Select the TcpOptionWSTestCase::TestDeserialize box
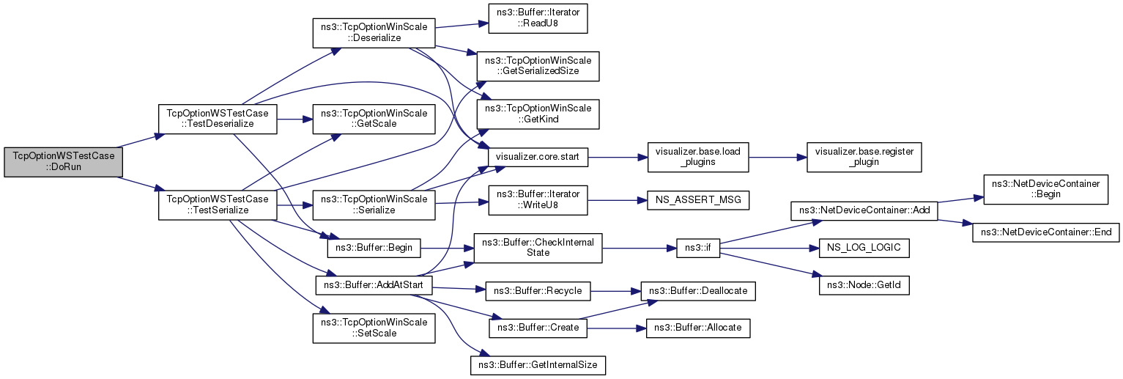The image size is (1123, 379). tap(218, 119)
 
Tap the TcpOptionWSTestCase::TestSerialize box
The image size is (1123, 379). tap(218, 205)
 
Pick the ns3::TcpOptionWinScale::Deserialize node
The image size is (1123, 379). tap(374, 32)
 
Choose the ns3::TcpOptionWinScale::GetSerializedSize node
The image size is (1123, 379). tap(538, 66)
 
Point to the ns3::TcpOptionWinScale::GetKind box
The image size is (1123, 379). tap(538, 114)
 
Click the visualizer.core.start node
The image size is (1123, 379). tap(538, 157)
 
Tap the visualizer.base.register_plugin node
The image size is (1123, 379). tap(863, 157)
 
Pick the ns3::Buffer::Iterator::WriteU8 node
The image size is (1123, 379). tap(538, 200)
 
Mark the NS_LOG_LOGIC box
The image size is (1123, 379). tap(863, 249)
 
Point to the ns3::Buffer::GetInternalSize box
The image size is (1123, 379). tap(538, 364)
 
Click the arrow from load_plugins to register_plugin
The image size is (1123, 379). tap(777, 157)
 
